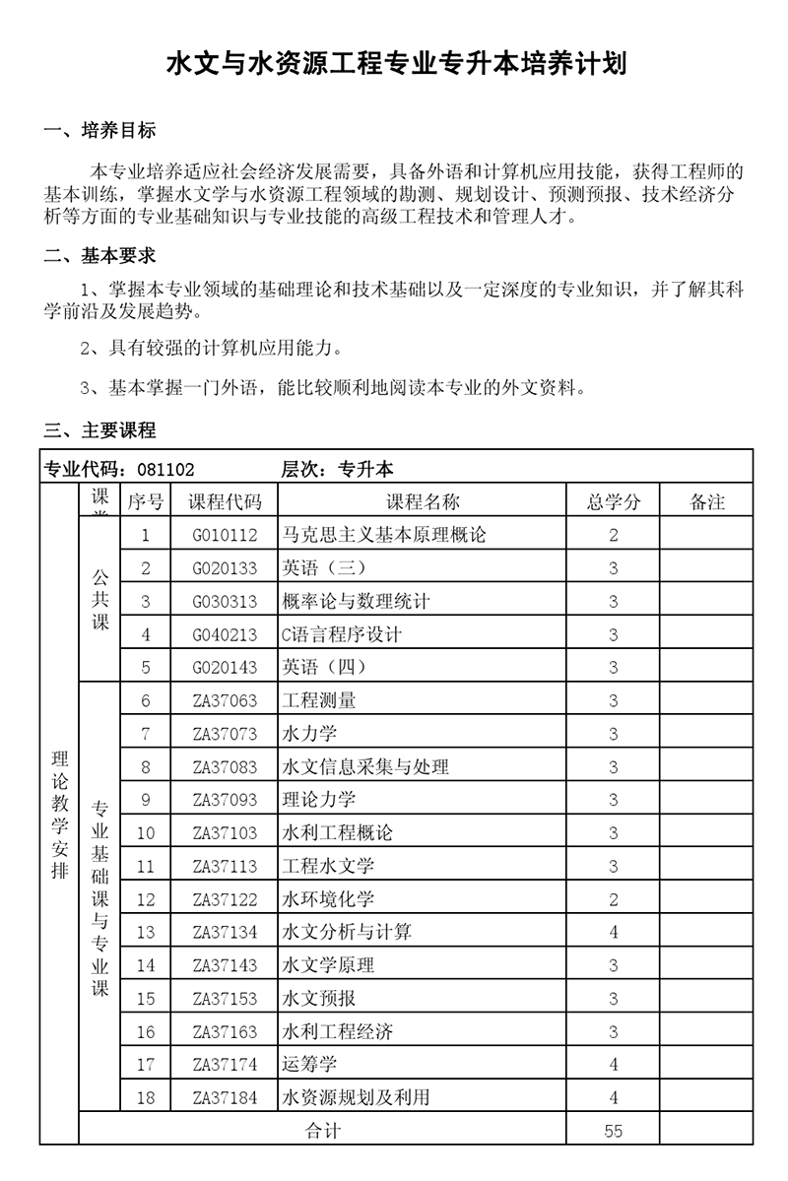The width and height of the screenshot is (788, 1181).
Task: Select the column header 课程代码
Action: coord(226,502)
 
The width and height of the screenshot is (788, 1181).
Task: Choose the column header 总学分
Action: coord(614,502)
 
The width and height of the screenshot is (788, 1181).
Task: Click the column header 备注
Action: coord(707,502)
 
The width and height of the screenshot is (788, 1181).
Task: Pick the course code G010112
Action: coord(226,536)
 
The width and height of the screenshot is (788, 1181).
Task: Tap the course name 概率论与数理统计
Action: coord(356,602)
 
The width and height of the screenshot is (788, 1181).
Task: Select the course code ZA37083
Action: coord(226,767)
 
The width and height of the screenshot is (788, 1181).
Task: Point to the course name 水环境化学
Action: coord(328,899)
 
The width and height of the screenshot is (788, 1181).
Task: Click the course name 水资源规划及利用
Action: coord(356,1097)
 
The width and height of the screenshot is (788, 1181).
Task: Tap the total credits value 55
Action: coord(614,1131)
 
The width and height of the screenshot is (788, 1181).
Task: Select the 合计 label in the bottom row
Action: coord(323,1131)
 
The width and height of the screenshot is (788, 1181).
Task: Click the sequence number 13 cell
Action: coord(146,933)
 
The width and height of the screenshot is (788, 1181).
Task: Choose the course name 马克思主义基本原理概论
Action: coord(383,536)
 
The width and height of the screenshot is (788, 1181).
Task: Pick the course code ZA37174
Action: coord(226,1064)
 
